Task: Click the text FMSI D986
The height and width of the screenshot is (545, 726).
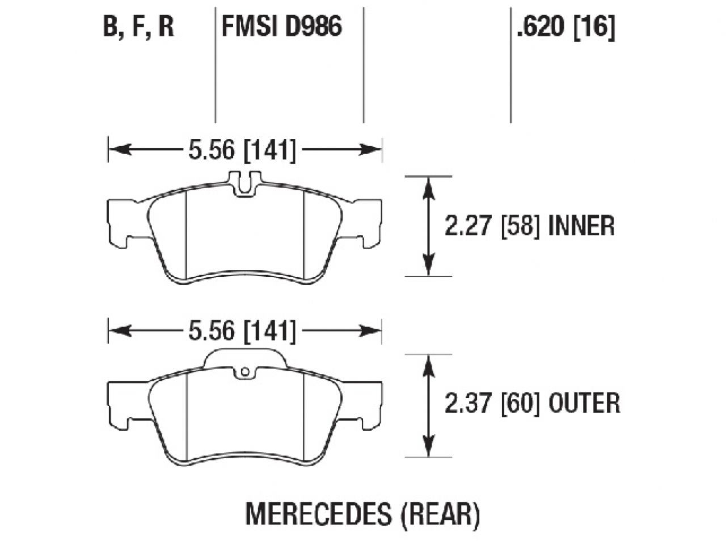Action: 281,26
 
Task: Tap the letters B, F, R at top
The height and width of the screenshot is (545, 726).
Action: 138,27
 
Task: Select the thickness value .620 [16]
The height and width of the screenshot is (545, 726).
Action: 565,26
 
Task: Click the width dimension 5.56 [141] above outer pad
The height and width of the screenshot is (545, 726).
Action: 242,332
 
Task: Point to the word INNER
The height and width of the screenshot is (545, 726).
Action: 581,227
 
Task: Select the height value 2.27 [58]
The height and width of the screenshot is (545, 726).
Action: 491,227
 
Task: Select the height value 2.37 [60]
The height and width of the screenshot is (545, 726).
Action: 491,404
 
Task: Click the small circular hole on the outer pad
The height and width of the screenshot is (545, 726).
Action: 245,372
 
